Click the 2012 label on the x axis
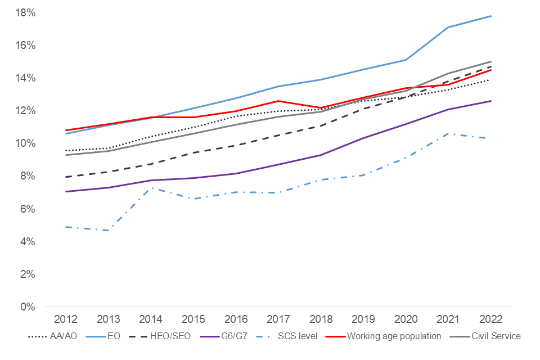[66, 319]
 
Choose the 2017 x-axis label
[278, 319]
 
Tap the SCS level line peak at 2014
[151, 188]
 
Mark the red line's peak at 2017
[278, 101]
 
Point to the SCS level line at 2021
[448, 133]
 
